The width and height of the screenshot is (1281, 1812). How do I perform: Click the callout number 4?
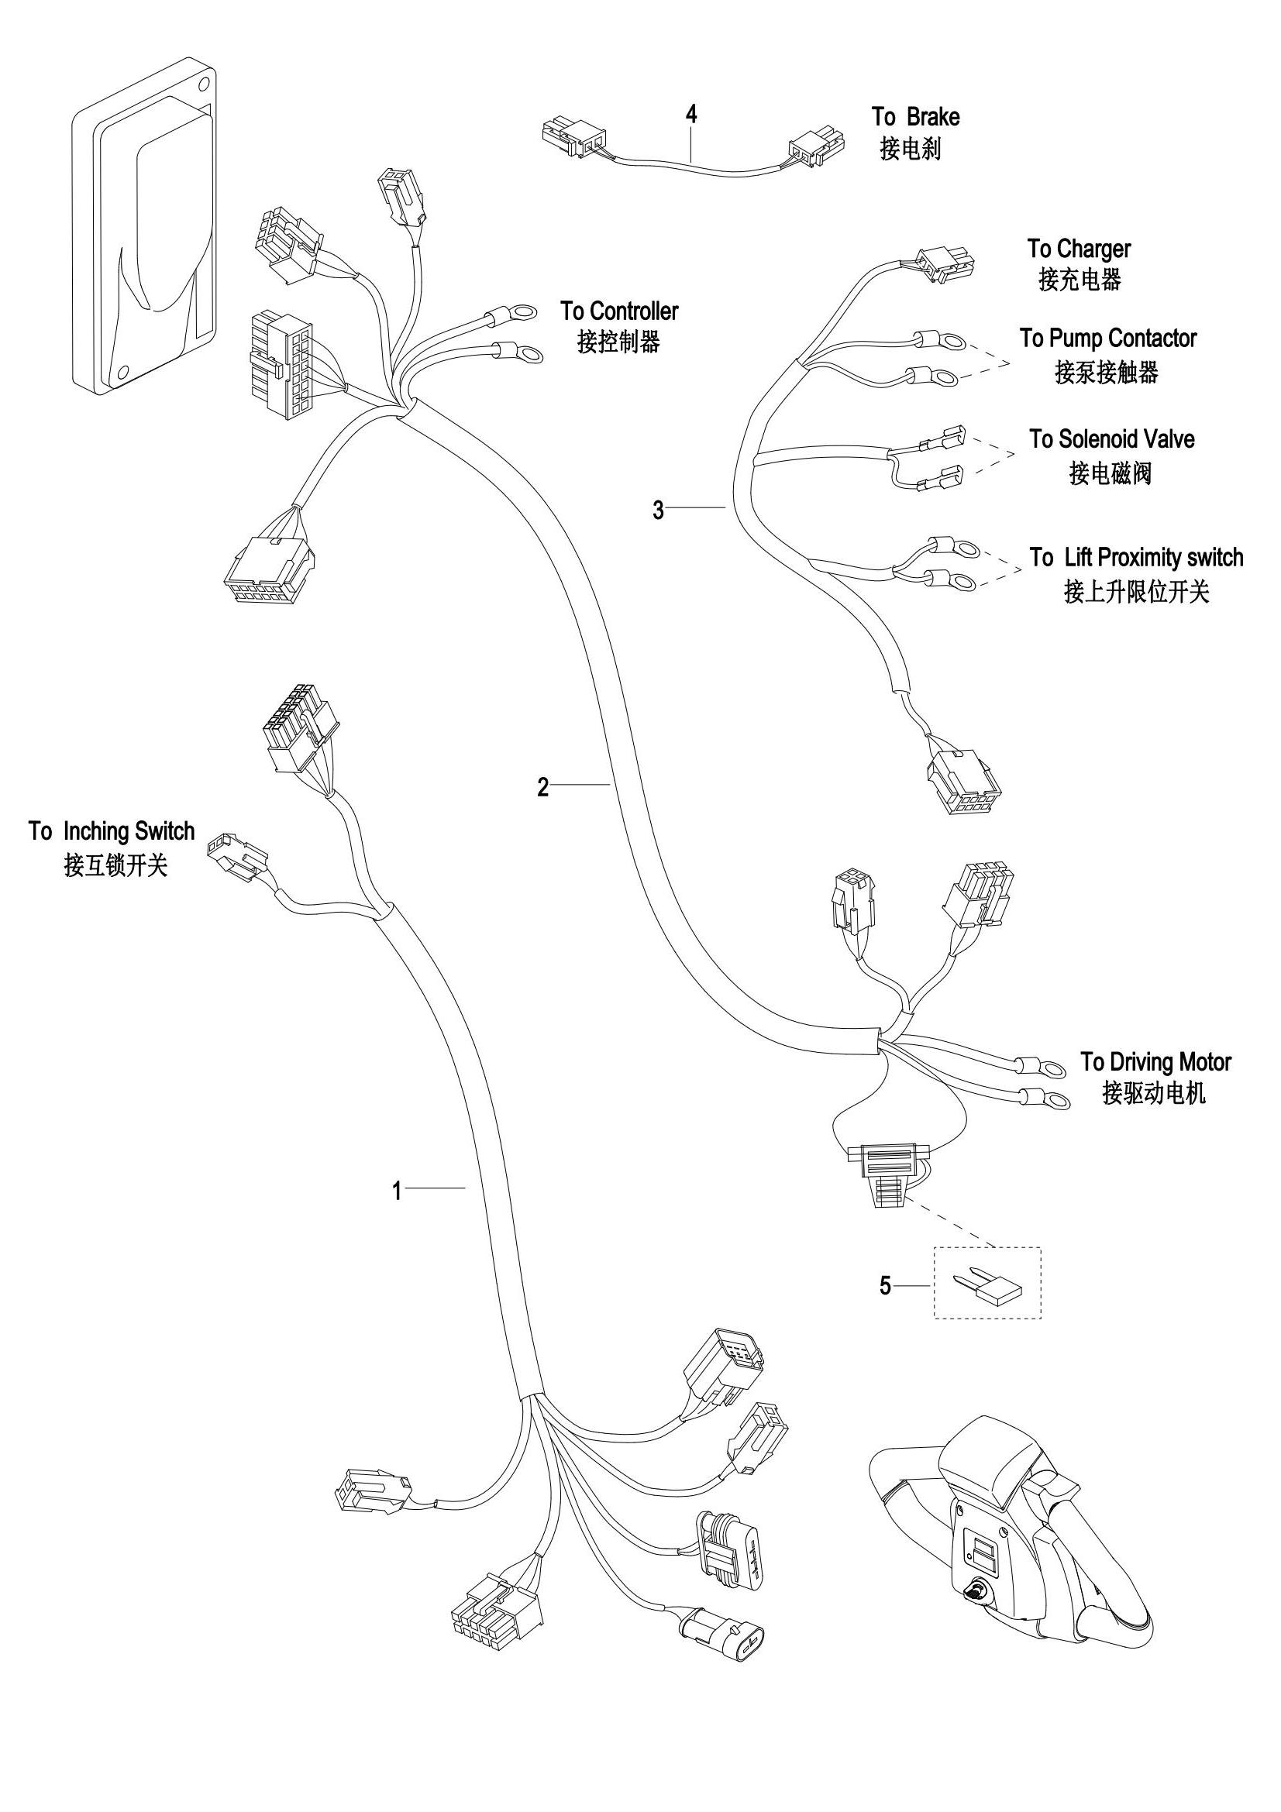691,115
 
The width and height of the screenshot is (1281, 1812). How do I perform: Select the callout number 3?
658,511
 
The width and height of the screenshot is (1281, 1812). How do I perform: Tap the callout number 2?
543,787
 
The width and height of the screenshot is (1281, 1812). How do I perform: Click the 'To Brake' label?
915,117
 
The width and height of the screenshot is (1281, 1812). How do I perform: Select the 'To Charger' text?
1079,249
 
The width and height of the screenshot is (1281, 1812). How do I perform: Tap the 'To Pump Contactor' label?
1108,339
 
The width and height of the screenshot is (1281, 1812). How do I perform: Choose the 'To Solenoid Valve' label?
1111,438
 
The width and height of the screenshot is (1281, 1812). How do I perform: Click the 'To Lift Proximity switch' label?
1137,557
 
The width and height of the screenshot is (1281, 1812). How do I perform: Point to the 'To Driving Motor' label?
1156,1061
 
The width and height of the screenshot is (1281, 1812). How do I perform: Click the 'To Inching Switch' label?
112,831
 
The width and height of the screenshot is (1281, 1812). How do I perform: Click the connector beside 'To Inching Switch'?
236,855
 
